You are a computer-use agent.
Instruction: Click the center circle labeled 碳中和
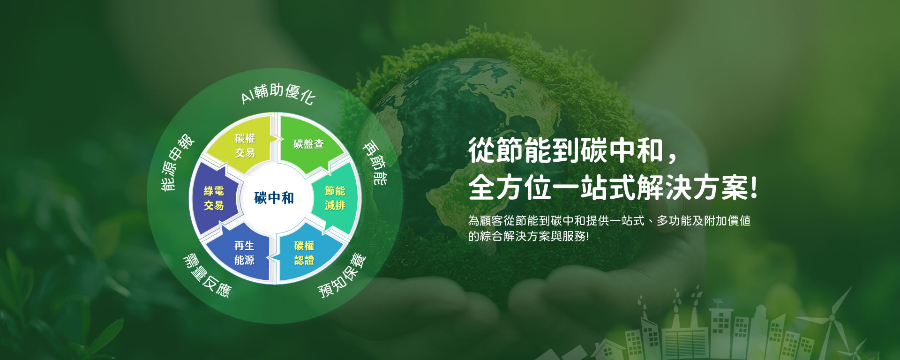[274, 198]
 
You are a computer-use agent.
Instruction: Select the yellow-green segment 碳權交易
[245, 145]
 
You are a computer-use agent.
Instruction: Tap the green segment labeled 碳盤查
[308, 144]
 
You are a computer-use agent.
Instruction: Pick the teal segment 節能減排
[335, 198]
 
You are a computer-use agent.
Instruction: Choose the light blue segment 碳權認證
[304, 253]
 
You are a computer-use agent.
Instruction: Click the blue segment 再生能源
[244, 253]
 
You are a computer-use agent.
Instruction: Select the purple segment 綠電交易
[214, 198]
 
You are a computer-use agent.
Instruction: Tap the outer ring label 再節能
[376, 164]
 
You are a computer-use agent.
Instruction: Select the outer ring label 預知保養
[342, 276]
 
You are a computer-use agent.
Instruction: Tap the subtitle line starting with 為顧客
[609, 221]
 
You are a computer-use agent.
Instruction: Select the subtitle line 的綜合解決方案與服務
[528, 236]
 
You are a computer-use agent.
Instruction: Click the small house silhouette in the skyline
[607, 349]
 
